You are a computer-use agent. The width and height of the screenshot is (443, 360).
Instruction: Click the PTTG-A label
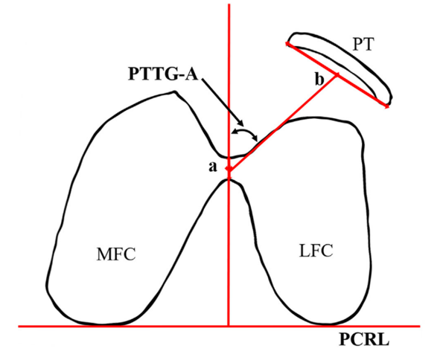coord(163,74)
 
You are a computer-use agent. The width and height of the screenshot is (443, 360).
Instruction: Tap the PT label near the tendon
coord(363,45)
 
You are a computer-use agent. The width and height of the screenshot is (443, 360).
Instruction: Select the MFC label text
coord(116,254)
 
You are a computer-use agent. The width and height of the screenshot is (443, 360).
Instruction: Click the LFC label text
coord(316,251)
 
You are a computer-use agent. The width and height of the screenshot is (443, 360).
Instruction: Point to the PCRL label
coord(364,340)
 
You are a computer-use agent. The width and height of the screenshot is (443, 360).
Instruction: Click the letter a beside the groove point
coord(213,167)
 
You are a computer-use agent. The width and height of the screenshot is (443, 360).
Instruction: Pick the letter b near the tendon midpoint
coord(319,80)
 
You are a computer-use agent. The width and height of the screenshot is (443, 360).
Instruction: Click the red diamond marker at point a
coord(229,169)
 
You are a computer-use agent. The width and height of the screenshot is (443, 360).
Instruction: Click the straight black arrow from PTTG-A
coord(223,102)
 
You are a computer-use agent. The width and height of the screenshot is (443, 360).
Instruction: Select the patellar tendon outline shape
coord(339,68)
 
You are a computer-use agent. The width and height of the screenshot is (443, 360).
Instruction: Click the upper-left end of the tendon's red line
coord(287,43)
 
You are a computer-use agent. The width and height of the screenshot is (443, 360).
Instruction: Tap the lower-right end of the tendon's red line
coord(388,106)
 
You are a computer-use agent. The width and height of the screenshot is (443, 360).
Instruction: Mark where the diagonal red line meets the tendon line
coord(337,75)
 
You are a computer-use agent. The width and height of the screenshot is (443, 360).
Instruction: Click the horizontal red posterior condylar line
coord(219,327)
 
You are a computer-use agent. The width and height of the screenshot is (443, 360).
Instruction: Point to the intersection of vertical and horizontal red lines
coord(229,327)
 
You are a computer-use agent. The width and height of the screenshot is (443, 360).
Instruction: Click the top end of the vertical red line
coord(229,4)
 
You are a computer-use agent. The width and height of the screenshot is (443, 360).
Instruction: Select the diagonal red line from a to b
coord(282,122)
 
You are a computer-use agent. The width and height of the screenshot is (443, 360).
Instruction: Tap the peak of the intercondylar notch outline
coord(229,179)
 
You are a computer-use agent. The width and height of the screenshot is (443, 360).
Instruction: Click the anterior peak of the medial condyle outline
coord(175,91)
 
